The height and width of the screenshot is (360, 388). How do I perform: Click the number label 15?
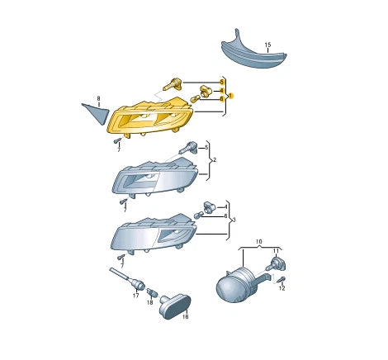point(267,45)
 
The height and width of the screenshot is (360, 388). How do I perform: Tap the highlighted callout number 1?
point(231,96)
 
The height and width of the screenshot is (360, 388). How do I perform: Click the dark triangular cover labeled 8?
point(97,113)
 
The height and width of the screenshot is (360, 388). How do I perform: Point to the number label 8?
point(98,98)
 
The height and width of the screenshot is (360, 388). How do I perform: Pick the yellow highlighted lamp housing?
point(149,116)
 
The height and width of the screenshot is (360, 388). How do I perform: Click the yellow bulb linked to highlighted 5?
point(173,84)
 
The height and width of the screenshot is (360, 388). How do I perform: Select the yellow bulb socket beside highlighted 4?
point(206,91)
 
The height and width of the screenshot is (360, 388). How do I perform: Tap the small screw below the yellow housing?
point(117,140)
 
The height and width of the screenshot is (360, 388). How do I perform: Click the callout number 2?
point(215,159)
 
